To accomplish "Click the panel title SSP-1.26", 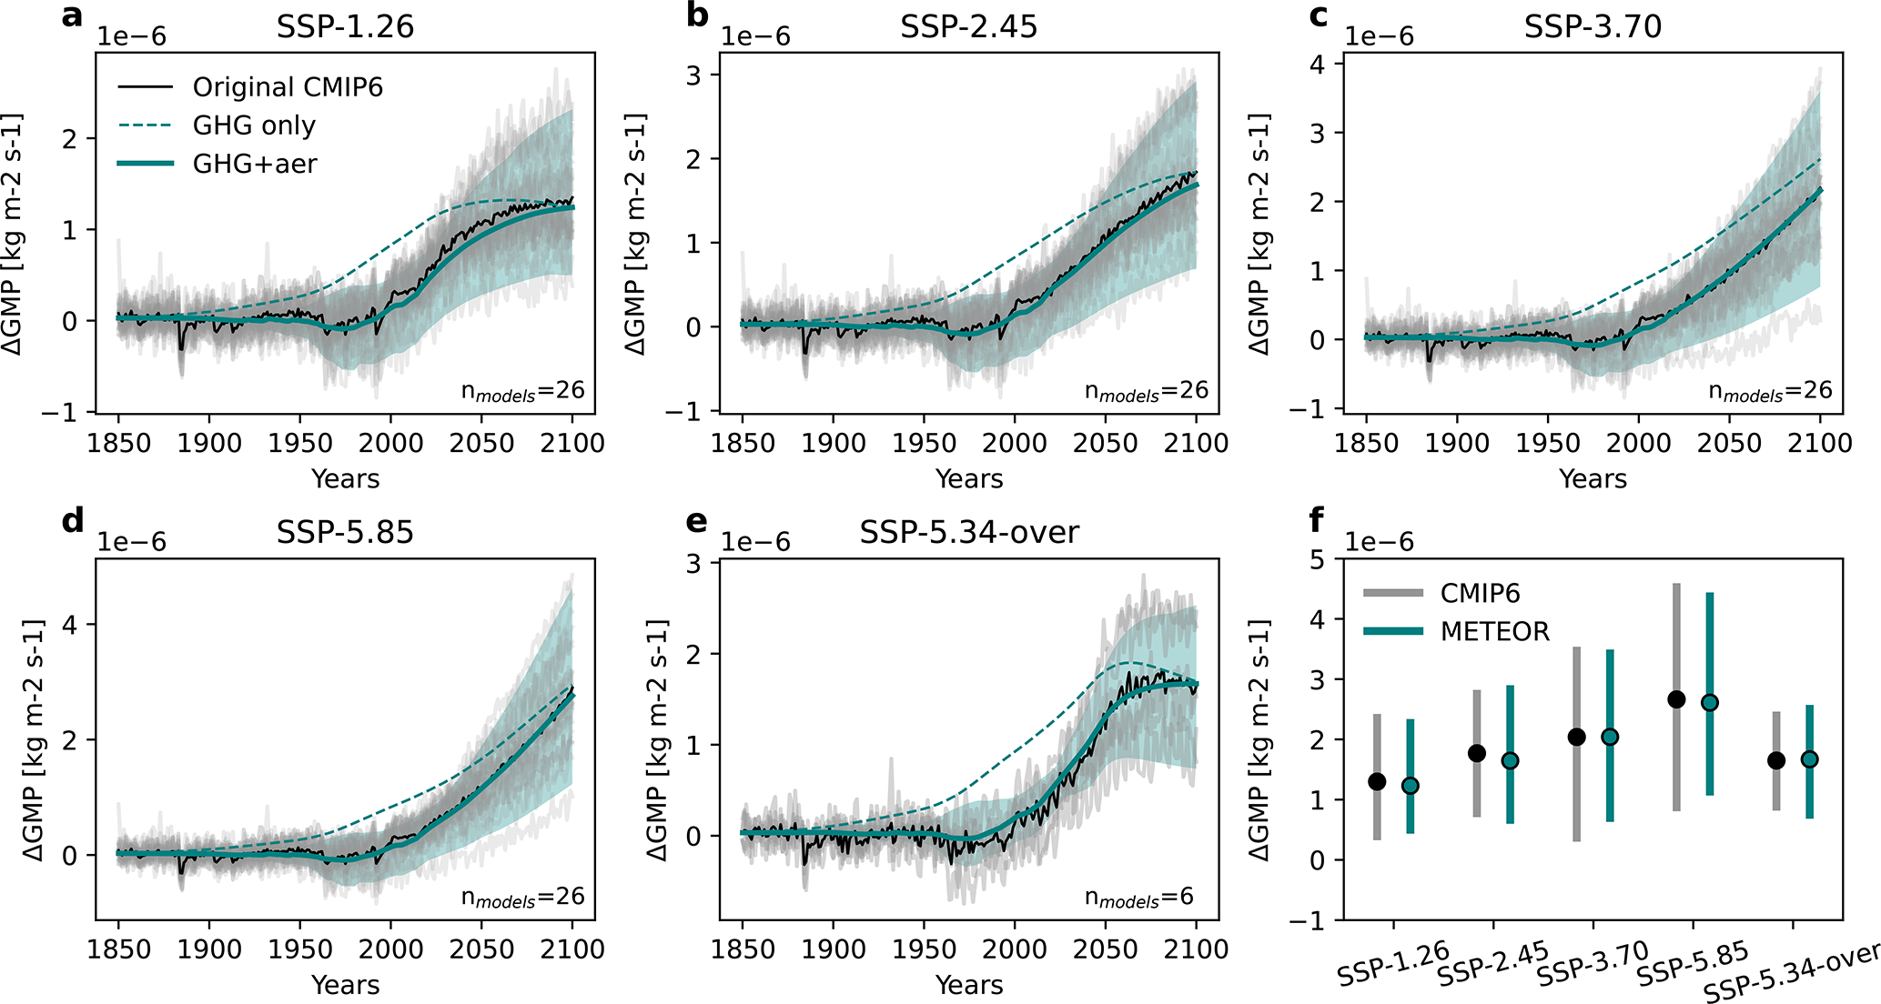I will click(x=345, y=26).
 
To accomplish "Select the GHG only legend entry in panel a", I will click(x=254, y=125).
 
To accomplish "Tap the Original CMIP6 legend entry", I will click(x=288, y=87).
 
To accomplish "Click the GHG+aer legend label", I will click(x=255, y=164).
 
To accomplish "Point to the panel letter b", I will click(x=697, y=15).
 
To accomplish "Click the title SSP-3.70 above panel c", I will click(x=1593, y=26).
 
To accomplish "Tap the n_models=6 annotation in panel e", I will click(x=1138, y=898).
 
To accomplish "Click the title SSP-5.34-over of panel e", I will click(x=969, y=532).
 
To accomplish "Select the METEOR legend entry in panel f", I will click(x=1494, y=631).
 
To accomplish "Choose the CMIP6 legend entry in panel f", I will click(x=1480, y=593).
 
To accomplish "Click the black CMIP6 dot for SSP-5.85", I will click(x=1676, y=699).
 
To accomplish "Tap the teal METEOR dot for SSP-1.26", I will click(x=1410, y=786).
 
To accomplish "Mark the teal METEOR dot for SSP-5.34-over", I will click(x=1809, y=758).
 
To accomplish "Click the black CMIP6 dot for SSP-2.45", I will click(x=1477, y=753).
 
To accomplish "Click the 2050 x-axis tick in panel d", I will click(x=481, y=949).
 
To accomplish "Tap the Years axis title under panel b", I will click(x=969, y=479).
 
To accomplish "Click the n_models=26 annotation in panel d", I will click(x=522, y=898).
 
